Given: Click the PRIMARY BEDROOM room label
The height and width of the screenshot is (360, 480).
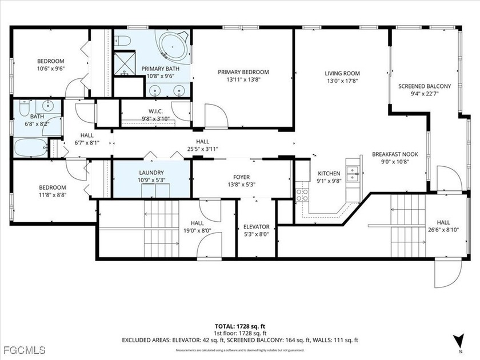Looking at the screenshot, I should [x=243, y=72].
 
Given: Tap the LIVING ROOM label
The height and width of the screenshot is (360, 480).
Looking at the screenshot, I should [x=342, y=73].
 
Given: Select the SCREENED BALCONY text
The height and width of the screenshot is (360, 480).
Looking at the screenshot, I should [x=425, y=86].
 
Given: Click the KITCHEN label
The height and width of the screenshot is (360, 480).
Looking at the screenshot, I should [x=329, y=174].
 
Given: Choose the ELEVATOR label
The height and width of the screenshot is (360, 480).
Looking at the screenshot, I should [x=256, y=226].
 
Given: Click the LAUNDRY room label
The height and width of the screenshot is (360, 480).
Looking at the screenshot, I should [x=151, y=173].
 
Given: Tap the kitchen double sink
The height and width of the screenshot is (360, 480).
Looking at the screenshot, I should [x=354, y=173].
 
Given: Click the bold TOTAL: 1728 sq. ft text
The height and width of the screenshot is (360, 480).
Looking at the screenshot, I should [x=240, y=325].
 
